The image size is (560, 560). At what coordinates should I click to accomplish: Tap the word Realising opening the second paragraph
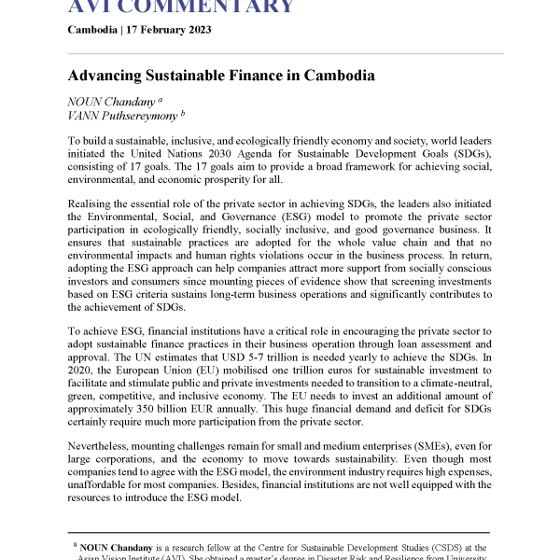[95, 203]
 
